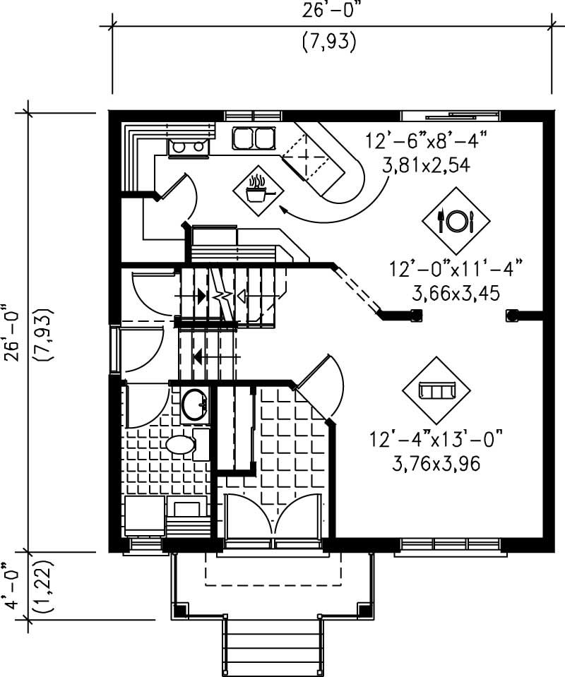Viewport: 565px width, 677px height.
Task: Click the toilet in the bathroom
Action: [180, 444]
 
